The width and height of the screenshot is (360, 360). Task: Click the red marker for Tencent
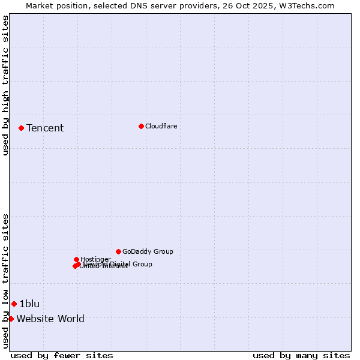(x=21, y=128)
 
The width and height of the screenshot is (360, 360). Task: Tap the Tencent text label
(x=45, y=128)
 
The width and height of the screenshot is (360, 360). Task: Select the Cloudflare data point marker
(x=141, y=126)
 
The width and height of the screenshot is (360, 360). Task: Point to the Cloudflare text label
(x=161, y=126)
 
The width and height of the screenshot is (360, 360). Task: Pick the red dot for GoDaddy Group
(x=118, y=251)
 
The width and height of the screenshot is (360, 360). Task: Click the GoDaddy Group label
(x=148, y=251)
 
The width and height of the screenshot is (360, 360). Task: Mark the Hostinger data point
(x=76, y=259)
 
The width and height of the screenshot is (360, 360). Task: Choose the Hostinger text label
(x=95, y=259)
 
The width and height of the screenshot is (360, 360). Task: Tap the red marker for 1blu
(x=14, y=304)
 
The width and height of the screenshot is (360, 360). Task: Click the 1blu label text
(x=29, y=304)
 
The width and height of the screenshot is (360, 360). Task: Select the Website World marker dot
(x=11, y=319)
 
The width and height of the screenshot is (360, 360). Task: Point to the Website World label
(x=50, y=319)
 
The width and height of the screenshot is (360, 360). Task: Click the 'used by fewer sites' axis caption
(x=62, y=355)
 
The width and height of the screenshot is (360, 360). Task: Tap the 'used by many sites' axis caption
(x=301, y=355)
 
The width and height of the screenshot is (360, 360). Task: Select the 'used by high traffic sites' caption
(x=5, y=85)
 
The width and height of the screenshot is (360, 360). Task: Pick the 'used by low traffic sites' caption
(x=5, y=281)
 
